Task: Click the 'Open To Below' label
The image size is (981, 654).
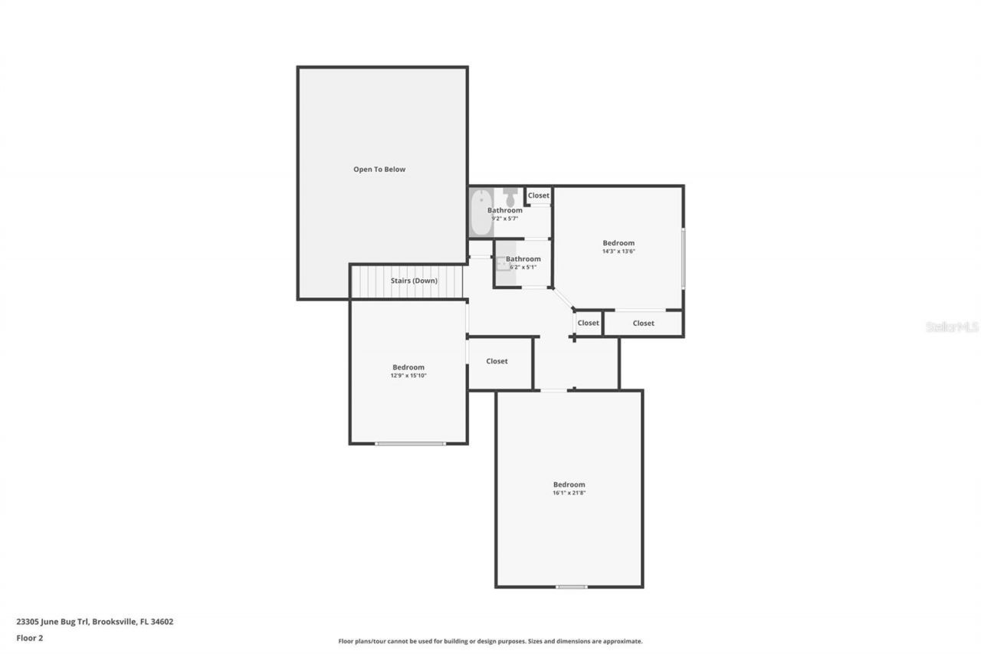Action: (x=379, y=169)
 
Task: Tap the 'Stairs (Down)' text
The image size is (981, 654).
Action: (x=414, y=281)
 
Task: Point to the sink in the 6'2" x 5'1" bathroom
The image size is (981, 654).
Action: (x=501, y=263)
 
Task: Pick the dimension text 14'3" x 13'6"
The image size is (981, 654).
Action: (x=618, y=251)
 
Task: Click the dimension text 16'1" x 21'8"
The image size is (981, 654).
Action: (x=569, y=493)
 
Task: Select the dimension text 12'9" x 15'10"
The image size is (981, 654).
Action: (x=408, y=376)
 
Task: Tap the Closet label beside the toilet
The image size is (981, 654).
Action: (x=539, y=196)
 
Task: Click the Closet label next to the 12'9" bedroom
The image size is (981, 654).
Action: (x=497, y=361)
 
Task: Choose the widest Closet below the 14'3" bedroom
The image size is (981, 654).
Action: (x=644, y=324)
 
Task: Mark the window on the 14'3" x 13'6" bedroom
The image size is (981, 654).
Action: (x=683, y=258)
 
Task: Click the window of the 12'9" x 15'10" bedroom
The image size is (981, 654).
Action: (x=410, y=443)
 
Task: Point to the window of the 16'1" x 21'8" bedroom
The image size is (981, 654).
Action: (x=571, y=587)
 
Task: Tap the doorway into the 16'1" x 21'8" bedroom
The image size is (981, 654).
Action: (x=554, y=390)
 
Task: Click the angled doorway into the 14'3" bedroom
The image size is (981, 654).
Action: (x=563, y=299)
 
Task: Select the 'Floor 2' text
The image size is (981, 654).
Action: (x=30, y=637)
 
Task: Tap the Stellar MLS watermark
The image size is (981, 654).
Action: (x=952, y=327)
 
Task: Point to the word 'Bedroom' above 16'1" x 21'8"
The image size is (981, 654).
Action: (x=569, y=485)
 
